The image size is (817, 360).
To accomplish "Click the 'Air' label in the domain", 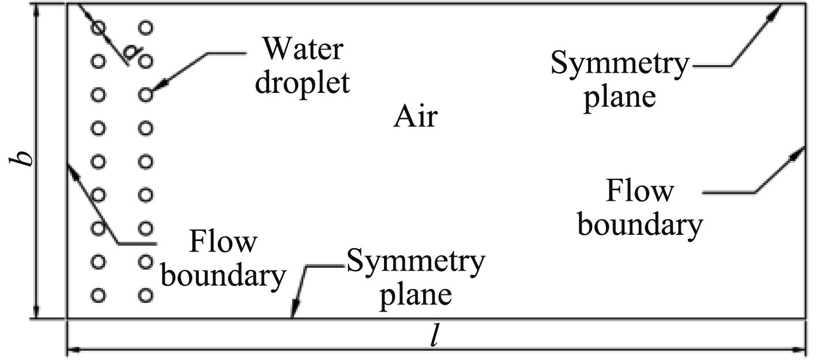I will (x=416, y=118).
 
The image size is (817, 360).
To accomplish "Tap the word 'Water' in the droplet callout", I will (x=300, y=50).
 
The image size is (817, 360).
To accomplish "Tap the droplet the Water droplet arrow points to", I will (x=146, y=93).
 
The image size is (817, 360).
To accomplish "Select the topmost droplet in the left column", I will (x=99, y=27).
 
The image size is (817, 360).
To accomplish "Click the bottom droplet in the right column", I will (x=146, y=296).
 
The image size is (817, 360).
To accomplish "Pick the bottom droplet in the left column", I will (x=99, y=296).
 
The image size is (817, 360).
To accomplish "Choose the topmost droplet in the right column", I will (x=146, y=27).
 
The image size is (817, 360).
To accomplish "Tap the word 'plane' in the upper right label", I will (x=620, y=96).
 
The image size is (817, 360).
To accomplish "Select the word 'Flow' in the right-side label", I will (x=639, y=192).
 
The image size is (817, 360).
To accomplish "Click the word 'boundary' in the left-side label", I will (x=224, y=276).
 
